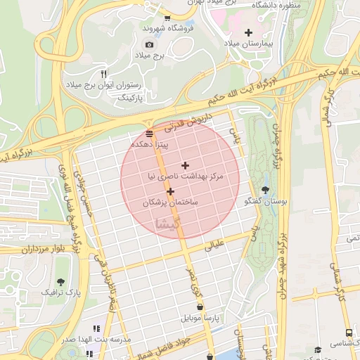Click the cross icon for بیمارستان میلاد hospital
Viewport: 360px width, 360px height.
coord(248,32)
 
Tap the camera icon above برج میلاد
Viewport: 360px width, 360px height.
coord(149,45)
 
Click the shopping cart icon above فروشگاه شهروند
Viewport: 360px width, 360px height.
coord(167,18)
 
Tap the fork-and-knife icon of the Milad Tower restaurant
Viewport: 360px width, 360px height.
coord(103,74)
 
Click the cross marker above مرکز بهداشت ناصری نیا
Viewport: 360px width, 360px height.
coord(185,166)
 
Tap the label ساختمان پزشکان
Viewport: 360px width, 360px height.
coord(171,202)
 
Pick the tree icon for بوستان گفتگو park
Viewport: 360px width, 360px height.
coord(265,190)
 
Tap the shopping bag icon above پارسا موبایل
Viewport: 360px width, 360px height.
coord(202,307)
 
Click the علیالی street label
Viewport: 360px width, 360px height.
coord(213,245)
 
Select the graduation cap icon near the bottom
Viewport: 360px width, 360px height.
coord(317,349)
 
